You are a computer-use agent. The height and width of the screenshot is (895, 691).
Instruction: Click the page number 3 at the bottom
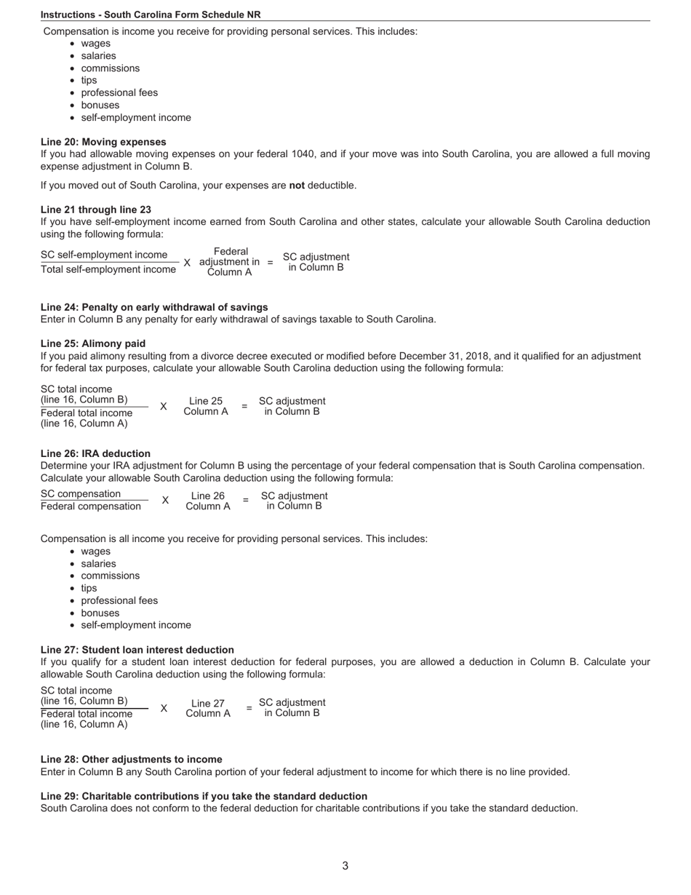tap(345, 866)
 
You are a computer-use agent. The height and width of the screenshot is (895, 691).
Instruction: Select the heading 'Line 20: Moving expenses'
tap(103, 142)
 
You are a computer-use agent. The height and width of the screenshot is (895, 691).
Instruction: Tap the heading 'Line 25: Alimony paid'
tap(93, 343)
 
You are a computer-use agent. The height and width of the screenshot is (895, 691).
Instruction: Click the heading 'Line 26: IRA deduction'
tap(95, 453)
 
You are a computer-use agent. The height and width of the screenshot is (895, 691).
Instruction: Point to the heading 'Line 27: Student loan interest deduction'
tap(137, 650)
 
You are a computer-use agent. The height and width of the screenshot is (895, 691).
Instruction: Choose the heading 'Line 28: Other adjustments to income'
tap(132, 759)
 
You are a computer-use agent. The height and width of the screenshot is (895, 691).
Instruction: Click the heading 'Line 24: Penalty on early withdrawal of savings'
tap(154, 307)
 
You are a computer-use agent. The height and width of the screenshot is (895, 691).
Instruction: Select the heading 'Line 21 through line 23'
tap(96, 210)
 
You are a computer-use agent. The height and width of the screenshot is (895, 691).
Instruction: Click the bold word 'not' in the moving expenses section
tap(297, 186)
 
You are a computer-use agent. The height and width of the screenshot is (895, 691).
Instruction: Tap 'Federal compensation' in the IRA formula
tap(91, 506)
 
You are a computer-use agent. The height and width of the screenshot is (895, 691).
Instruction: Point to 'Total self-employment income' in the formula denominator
tap(108, 269)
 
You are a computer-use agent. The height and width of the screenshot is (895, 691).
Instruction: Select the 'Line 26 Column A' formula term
tap(208, 501)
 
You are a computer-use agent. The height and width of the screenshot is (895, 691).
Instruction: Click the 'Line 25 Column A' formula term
tap(206, 406)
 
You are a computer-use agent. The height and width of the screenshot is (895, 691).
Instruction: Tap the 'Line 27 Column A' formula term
tap(208, 708)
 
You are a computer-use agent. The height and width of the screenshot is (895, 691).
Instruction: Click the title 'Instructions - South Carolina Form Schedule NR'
tap(151, 15)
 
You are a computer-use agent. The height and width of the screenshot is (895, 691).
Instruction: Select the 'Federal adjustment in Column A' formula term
tap(229, 262)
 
